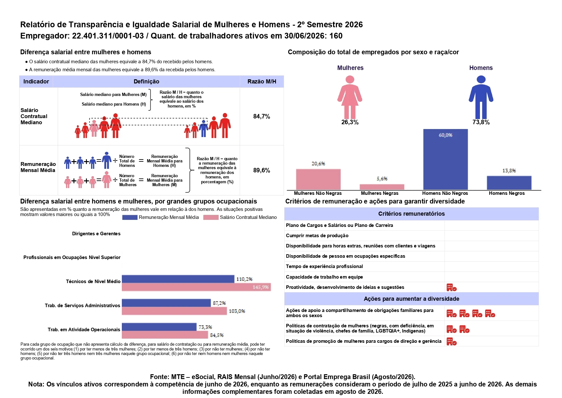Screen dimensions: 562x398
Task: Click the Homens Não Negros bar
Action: coord(445,160)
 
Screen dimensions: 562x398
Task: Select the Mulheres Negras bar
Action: coord(382,187)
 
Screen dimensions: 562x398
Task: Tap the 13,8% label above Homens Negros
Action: coord(509,171)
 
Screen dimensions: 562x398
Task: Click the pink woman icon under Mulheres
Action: coord(350,97)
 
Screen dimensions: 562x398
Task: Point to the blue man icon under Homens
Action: coord(481,97)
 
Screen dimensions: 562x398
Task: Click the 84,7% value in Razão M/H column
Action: coord(262,117)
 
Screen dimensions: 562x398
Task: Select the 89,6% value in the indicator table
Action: coord(262,170)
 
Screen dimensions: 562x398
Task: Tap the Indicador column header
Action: coord(36,82)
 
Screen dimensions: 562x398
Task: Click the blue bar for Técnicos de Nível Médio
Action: coord(178,279)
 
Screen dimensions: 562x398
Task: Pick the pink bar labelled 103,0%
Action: coord(174,311)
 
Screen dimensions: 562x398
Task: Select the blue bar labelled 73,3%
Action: coord(159,327)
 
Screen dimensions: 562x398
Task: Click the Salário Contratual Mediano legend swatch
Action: coord(211,217)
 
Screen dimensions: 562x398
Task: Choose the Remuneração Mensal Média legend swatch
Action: coord(130,217)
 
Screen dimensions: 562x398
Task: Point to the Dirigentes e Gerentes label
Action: coord(96,234)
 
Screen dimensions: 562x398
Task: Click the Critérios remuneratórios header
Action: coord(411,214)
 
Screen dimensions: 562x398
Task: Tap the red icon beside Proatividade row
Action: coord(451,287)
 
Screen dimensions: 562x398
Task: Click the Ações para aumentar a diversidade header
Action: coord(411,299)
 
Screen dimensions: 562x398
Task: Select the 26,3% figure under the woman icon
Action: coord(350,122)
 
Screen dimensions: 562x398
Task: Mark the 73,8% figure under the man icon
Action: coord(481,122)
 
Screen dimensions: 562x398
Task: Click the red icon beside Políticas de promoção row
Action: coord(451,342)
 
